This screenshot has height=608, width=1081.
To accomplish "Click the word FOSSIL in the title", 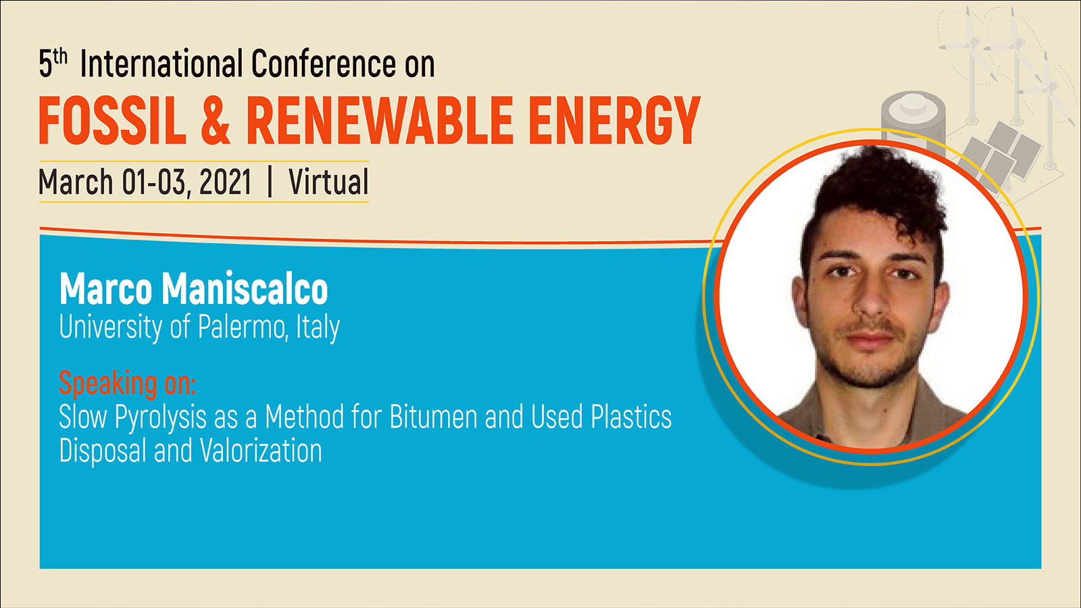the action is [112, 121].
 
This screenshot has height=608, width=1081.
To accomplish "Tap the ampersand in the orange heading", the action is [216, 121].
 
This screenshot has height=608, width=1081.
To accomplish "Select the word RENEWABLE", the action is [379, 121].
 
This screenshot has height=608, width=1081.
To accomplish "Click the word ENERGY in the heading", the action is [613, 121].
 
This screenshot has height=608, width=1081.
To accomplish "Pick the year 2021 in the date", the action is [226, 182].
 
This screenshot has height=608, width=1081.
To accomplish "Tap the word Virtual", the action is [328, 182].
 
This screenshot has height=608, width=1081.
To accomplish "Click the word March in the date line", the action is [76, 182].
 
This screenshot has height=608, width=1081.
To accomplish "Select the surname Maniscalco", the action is [245, 288].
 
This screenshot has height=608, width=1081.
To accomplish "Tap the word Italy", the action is [318, 328].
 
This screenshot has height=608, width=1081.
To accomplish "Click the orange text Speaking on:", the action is [128, 383].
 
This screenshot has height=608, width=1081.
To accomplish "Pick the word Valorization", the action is [261, 450].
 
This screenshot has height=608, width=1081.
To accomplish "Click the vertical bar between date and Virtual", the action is [270, 182].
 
